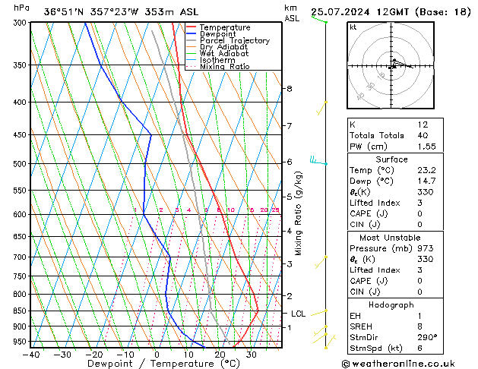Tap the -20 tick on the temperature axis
click(94, 354)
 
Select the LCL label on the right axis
click(298, 313)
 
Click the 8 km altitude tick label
click(289, 89)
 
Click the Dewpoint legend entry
click(217, 34)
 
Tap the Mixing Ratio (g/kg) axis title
click(299, 213)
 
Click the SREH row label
click(362, 326)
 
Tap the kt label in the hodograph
click(353, 27)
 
